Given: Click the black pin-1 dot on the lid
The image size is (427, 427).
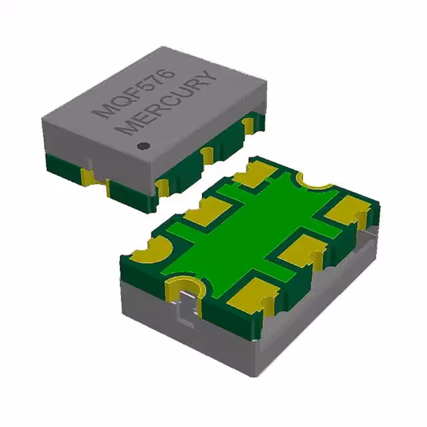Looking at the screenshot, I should pyautogui.click(x=141, y=145).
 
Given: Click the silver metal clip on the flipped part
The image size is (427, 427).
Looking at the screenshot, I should pyautogui.click(x=187, y=300).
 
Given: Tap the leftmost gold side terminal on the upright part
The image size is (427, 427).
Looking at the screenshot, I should pyautogui.click(x=86, y=176).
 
